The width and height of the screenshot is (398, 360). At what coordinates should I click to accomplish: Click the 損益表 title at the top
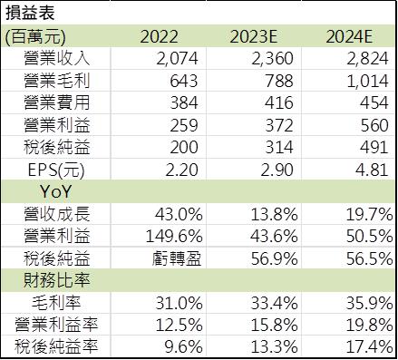coord(28,14)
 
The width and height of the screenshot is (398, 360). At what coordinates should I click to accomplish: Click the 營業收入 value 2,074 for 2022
coord(178,59)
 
